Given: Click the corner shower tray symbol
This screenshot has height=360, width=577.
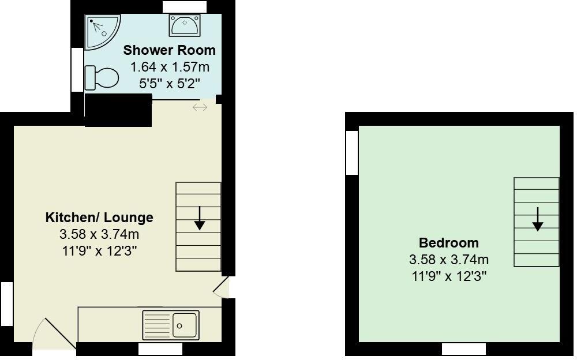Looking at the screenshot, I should [x=102, y=31].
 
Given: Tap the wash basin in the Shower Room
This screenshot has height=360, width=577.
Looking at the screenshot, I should [x=184, y=25].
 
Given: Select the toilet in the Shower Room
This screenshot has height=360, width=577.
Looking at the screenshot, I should [x=102, y=77].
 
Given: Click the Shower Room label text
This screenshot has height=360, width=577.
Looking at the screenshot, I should [x=169, y=50].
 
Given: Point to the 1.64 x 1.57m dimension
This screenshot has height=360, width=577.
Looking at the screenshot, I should [x=169, y=67].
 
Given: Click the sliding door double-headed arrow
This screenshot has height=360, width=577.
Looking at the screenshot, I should [x=200, y=107].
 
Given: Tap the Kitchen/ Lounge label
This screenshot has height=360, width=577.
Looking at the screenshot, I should [x=99, y=217].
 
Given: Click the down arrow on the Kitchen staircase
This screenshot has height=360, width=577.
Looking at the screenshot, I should [x=199, y=219].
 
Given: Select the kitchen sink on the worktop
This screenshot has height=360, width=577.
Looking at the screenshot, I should [x=171, y=325].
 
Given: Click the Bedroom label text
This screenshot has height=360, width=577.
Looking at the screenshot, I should [x=448, y=243].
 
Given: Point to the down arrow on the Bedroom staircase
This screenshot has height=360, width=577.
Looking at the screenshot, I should [x=537, y=219].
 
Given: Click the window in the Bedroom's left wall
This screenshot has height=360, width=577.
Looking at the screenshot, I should [x=351, y=152].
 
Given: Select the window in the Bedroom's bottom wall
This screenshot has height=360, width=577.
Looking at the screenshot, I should [x=464, y=349].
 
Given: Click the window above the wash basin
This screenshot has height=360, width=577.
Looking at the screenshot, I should [x=185, y=6].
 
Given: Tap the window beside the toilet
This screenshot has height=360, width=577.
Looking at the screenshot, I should [x=77, y=69].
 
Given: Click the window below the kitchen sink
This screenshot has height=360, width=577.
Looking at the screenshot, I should [x=160, y=349].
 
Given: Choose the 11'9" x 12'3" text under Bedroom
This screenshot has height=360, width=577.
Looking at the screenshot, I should [x=448, y=276].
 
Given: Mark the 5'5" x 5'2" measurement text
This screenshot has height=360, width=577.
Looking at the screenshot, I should [x=169, y=84].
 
